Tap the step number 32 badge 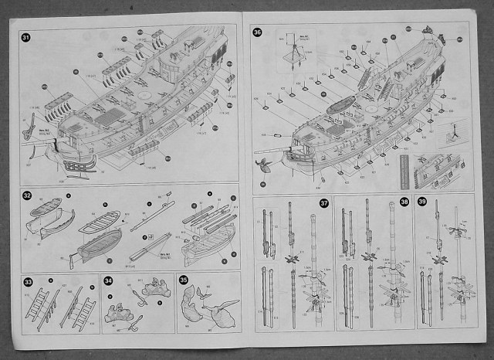click(x=26, y=196)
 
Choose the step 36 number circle click(x=258, y=32)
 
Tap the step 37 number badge click(x=325, y=203)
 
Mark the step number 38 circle click(x=404, y=203)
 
